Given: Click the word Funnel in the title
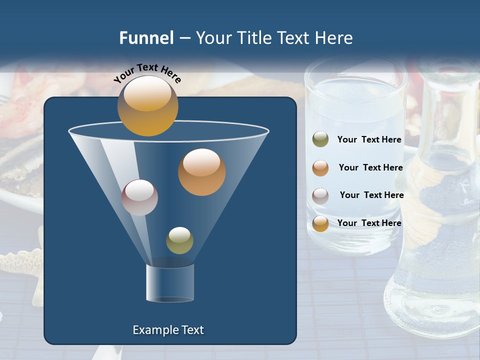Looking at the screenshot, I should (146, 38).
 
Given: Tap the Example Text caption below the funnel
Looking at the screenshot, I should (168, 330).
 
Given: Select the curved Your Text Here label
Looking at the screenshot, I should (147, 73).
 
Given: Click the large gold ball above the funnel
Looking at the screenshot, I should (147, 105).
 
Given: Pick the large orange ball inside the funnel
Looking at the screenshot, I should (201, 172).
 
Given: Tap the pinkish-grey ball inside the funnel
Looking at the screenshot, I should (139, 197).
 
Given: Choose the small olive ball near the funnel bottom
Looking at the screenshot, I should (179, 240).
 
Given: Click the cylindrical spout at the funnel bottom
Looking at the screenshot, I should (170, 282).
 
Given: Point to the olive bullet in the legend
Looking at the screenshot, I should (320, 139).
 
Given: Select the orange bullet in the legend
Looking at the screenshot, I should (320, 167).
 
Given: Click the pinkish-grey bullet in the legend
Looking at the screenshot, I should (320, 195).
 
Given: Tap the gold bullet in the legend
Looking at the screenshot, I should (320, 223).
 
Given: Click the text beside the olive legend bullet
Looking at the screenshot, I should (369, 139).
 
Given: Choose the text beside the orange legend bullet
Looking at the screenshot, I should (370, 167).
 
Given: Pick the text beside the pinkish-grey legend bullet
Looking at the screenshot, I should (371, 195).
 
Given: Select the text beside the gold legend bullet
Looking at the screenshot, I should (369, 223).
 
